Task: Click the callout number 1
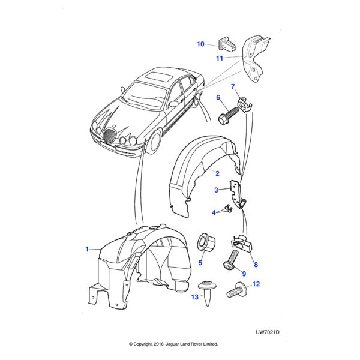(x=87, y=249)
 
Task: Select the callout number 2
(x=217, y=173)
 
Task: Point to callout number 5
(x=200, y=262)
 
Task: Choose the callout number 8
(x=256, y=265)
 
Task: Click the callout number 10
(x=201, y=44)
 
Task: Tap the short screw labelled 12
(x=236, y=293)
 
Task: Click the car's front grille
(x=110, y=137)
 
